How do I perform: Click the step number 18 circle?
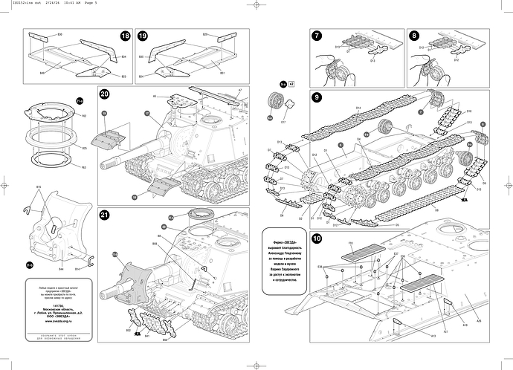(124, 36)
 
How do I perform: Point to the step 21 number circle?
(105, 215)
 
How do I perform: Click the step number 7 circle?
(317, 36)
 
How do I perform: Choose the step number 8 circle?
(413, 36)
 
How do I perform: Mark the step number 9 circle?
(317, 97)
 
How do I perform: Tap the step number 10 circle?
(317, 239)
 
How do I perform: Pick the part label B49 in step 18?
(33, 74)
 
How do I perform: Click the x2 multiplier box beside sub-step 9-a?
(291, 84)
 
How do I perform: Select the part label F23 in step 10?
(350, 243)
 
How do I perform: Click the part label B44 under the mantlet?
(61, 267)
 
